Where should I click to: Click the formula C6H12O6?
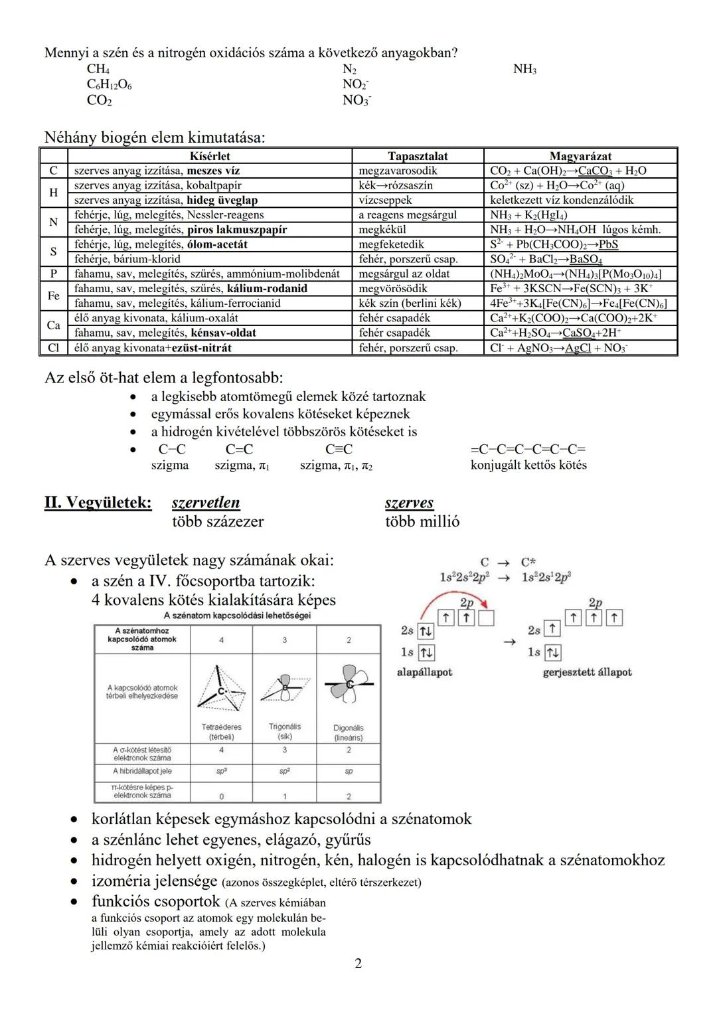coord(109,85)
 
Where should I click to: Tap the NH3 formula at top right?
coord(524,70)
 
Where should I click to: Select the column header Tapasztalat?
coord(417,156)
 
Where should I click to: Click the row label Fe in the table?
coord(53,296)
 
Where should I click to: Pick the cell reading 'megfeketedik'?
coord(391,244)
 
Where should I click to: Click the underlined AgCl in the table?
coord(578,348)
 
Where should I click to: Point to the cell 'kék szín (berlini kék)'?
coord(410,303)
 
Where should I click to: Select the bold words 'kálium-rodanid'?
coord(267,289)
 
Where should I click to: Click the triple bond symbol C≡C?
coord(339,450)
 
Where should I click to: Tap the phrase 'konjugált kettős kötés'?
coord(528,465)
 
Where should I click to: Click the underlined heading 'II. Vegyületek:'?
coord(98,503)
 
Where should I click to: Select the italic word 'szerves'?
coord(409,503)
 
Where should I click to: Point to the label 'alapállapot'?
coord(424,672)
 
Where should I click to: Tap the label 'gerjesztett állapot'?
coord(587,672)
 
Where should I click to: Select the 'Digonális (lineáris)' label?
coord(349,732)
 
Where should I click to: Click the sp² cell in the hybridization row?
coord(284,772)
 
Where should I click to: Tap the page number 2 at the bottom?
coord(358,964)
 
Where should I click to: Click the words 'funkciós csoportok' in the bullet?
coord(156,902)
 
